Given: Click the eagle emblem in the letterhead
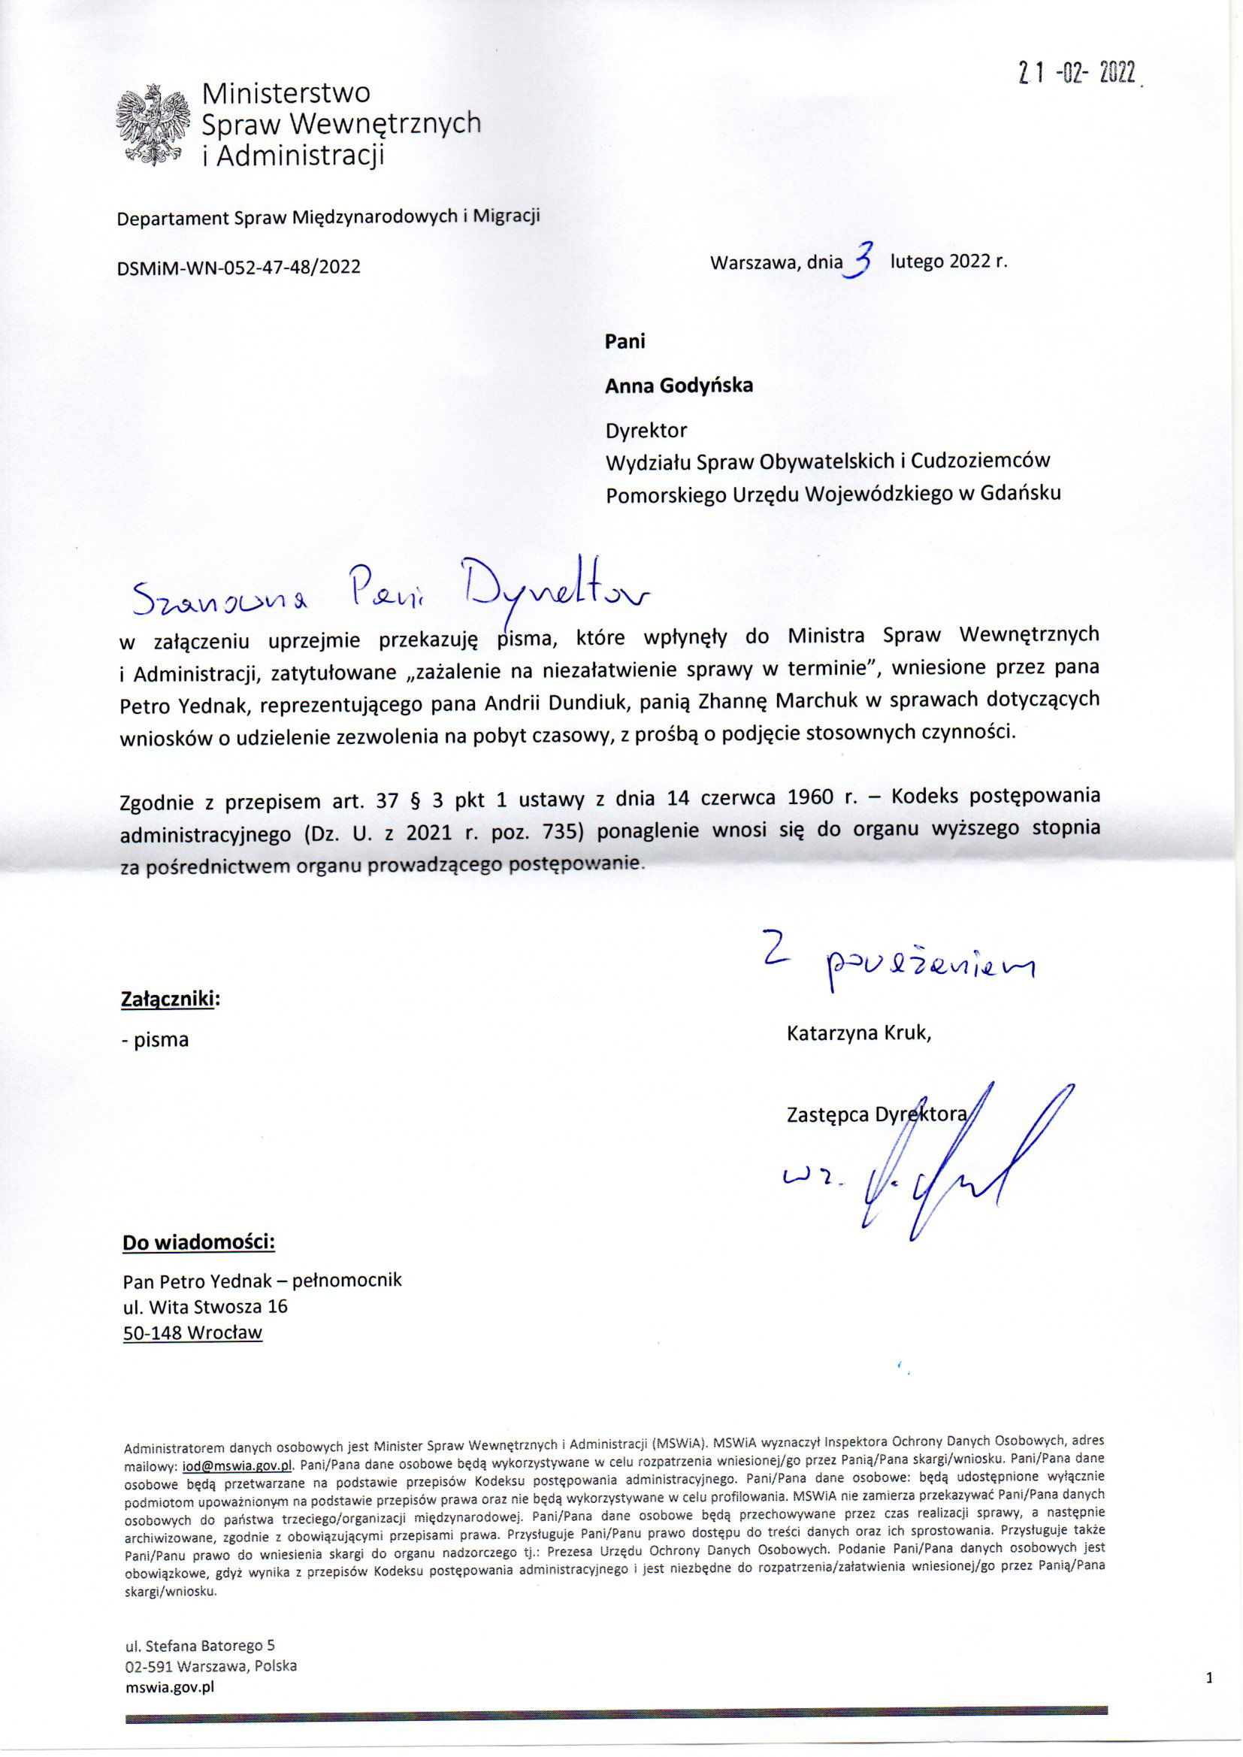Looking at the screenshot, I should [153, 124].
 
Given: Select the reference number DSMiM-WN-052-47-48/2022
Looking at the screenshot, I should [239, 267].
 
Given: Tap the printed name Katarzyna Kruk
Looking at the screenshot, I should [858, 1034].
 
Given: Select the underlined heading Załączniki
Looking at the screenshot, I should [170, 999].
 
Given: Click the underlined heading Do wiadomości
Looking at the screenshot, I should [198, 1241].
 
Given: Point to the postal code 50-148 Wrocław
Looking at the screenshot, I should [192, 1332].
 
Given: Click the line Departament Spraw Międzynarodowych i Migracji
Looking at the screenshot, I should [328, 217].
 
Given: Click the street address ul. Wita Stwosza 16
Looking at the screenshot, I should [205, 1305].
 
